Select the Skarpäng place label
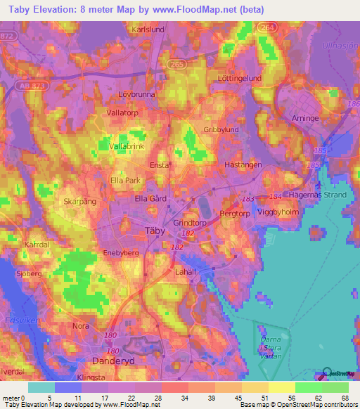(x=79, y=200)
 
